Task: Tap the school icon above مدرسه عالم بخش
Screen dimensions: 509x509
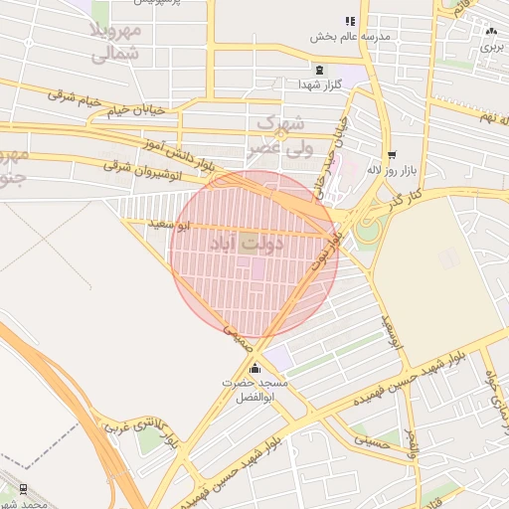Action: pos(349,21)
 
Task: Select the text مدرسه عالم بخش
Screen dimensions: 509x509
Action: pos(349,37)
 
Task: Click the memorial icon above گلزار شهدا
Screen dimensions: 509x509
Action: pos(319,69)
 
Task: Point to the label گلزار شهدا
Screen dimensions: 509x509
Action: pos(319,85)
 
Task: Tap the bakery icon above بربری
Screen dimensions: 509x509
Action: pos(491,31)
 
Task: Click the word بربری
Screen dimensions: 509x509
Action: pos(491,47)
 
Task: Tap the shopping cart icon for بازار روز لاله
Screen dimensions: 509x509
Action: pos(393,154)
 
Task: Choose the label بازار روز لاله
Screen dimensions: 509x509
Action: pos(390,170)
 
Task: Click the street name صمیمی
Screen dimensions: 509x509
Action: pos(236,336)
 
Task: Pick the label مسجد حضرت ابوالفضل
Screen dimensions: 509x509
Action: pos(256,390)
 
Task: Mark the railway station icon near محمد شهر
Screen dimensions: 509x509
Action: pos(22,487)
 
